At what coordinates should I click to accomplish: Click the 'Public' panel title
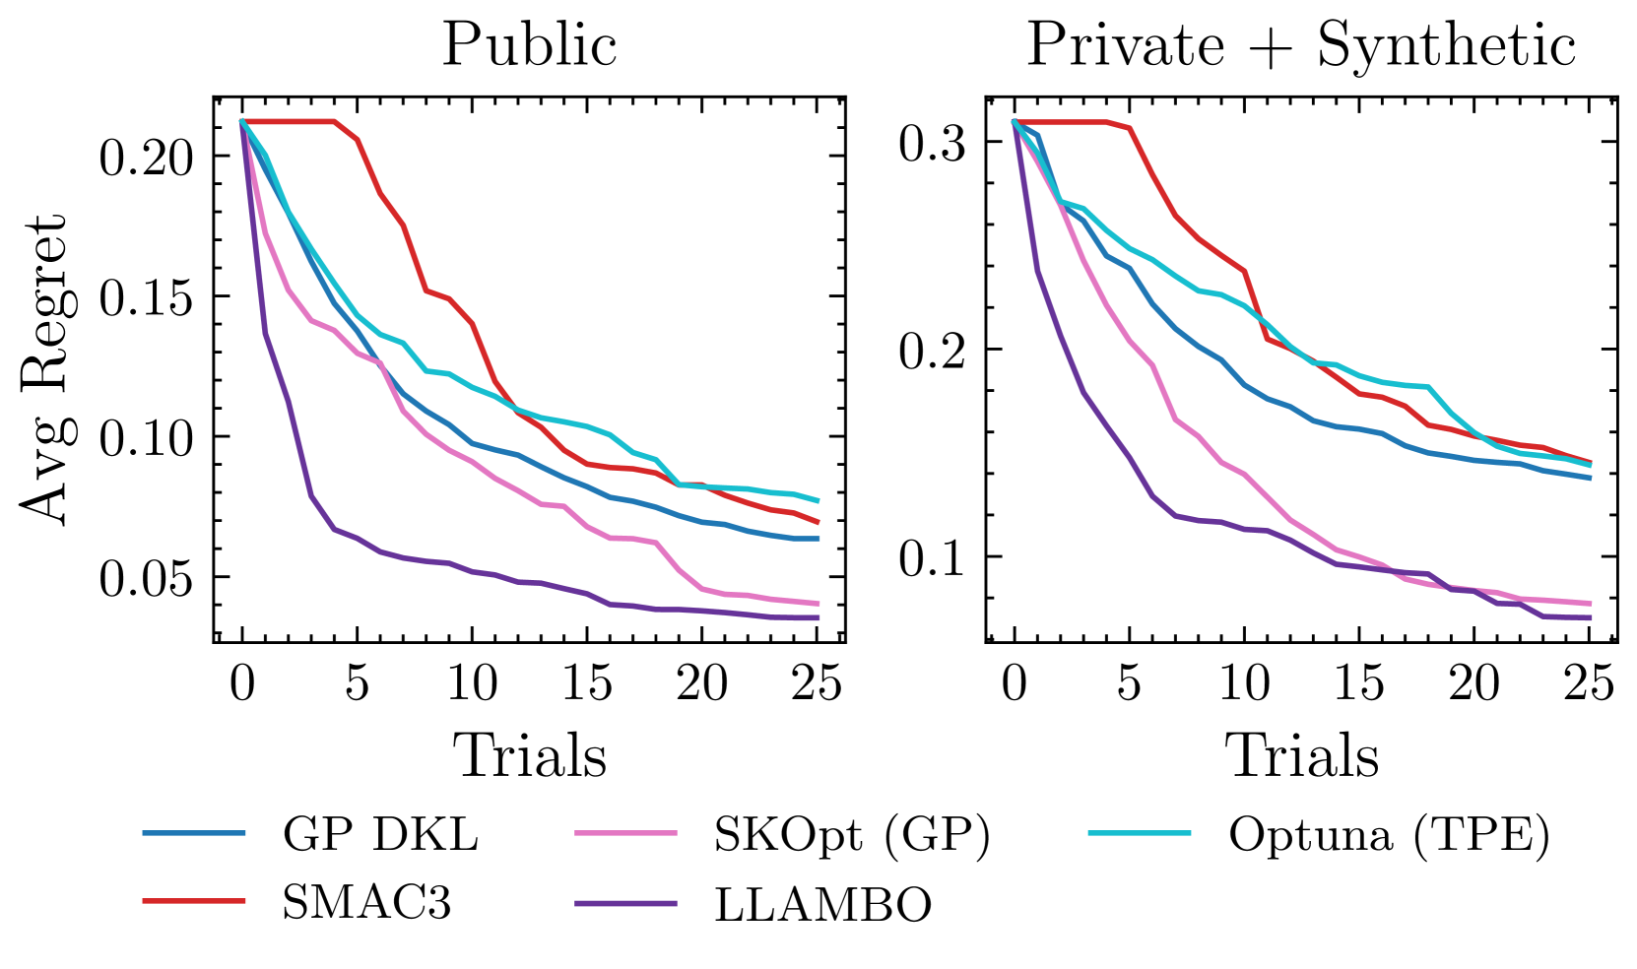[529, 45]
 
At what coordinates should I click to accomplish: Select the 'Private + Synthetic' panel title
[1301, 45]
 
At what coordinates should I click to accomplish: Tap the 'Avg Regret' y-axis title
[44, 369]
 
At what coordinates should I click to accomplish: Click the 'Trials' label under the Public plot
[529, 756]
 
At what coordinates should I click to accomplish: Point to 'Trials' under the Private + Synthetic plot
[1301, 756]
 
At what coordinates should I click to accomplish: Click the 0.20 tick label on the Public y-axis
[147, 157]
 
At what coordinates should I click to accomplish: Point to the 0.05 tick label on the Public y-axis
[147, 578]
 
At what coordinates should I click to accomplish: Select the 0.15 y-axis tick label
[147, 297]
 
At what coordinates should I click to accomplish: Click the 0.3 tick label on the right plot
[931, 142]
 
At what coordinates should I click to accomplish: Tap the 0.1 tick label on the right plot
[931, 557]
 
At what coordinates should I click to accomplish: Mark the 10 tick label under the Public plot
[472, 683]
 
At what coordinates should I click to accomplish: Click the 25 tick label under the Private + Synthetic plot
[1589, 683]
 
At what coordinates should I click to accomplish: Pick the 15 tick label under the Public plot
[587, 683]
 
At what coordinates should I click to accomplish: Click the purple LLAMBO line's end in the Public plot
[817, 617]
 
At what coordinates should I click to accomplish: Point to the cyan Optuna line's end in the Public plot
[817, 500]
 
